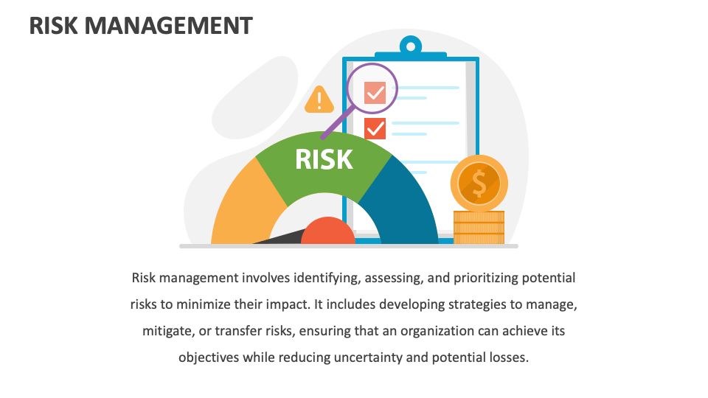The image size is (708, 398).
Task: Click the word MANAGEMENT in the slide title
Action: pyautogui.click(x=169, y=25)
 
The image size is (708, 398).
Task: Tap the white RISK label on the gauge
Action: pyautogui.click(x=324, y=159)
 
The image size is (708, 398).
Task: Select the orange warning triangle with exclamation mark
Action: pyautogui.click(x=319, y=100)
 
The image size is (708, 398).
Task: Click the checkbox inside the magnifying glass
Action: pyautogui.click(x=375, y=92)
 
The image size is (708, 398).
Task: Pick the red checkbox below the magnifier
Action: pyautogui.click(x=375, y=128)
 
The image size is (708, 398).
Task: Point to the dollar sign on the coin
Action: pyautogui.click(x=479, y=183)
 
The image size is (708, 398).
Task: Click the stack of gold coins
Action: pyautogui.click(x=479, y=227)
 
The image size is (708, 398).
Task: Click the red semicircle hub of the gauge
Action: pyautogui.click(x=328, y=232)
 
